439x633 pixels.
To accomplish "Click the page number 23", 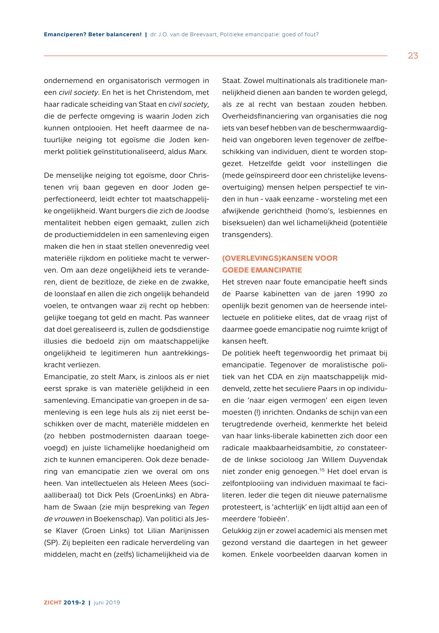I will pyautogui.click(x=413, y=56).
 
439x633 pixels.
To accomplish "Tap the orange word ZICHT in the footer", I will pyautogui.click(x=52, y=603).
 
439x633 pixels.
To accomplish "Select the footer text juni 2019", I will pyautogui.click(x=107, y=603).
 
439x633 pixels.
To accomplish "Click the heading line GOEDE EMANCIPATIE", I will pyautogui.click(x=262, y=270).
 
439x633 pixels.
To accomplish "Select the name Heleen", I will pyautogui.click(x=154, y=483).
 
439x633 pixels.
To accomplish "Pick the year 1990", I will pyautogui.click(x=365, y=294).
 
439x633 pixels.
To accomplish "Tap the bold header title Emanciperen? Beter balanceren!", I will pyautogui.click(x=93, y=35).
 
